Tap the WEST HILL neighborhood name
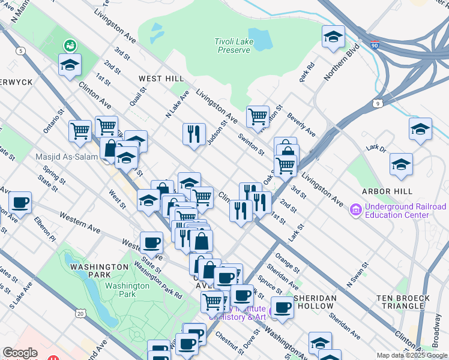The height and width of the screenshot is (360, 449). [x=161, y=79]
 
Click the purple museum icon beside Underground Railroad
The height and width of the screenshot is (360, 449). [x=355, y=211]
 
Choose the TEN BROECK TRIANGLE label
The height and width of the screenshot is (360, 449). [x=403, y=302]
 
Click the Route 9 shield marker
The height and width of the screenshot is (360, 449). [x=378, y=104]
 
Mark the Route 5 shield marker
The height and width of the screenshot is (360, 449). [x=21, y=51]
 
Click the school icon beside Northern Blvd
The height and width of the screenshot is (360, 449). [x=333, y=37]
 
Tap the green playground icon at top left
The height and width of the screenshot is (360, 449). [x=70, y=44]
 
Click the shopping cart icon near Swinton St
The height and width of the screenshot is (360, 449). [x=258, y=116]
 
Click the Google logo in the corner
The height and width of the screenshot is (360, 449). [x=20, y=353]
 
